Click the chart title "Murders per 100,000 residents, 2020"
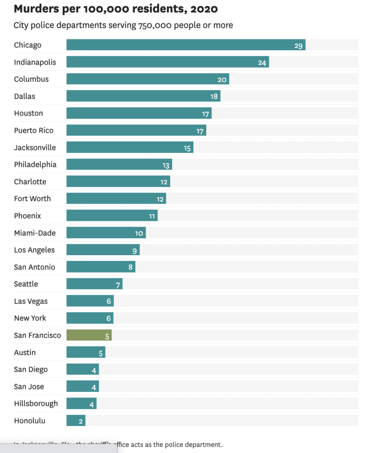[116, 9]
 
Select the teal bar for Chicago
[186, 45]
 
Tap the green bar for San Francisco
[89, 335]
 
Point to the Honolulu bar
[76, 421]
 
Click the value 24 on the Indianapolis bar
[262, 63]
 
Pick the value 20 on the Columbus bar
[222, 80]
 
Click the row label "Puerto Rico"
[34, 131]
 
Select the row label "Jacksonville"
[35, 147]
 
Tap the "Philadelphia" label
[35, 165]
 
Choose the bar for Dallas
[143, 96]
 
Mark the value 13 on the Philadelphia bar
[166, 165]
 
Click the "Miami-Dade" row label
[35, 233]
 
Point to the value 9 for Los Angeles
[135, 251]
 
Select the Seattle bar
[94, 284]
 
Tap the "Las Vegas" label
[31, 301]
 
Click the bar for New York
[90, 319]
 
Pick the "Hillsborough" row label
[36, 403]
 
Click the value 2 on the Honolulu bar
[81, 422]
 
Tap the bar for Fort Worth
[116, 199]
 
